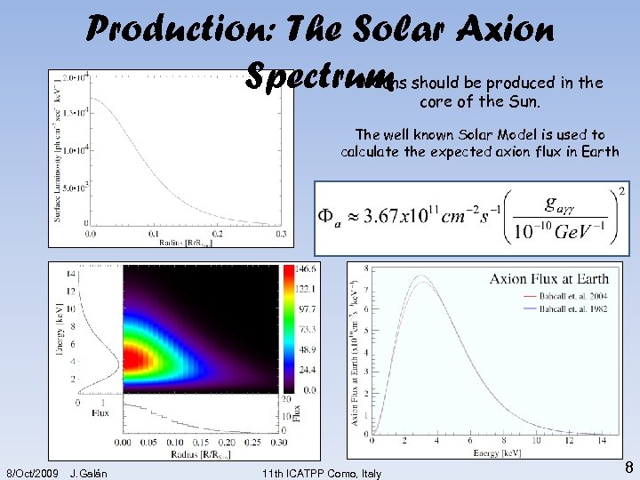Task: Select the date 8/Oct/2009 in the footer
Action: pyautogui.click(x=33, y=473)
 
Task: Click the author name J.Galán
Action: pyautogui.click(x=88, y=473)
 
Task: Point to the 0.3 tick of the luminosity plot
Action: pyautogui.click(x=281, y=234)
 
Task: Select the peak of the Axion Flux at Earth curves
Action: pyautogui.click(x=422, y=277)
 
